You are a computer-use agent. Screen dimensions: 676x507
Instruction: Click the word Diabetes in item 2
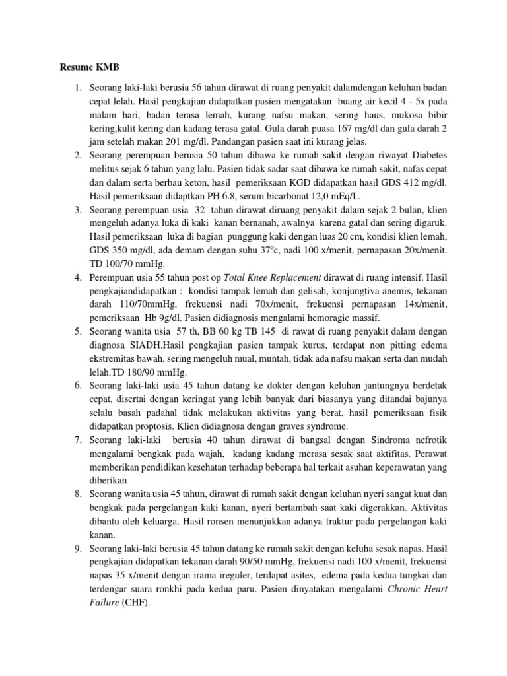tap(421, 155)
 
